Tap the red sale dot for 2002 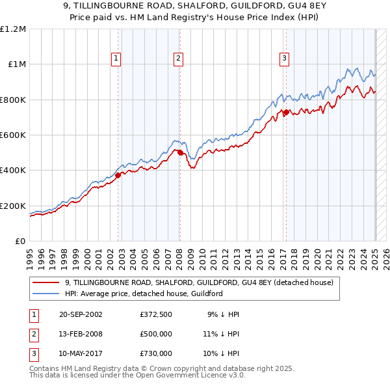tap(118, 175)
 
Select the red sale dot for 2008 tap(180, 153)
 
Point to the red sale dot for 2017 tap(286, 113)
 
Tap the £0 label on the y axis tap(19, 241)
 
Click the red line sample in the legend tap(46, 282)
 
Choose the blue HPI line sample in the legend tap(46, 294)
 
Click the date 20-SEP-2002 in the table tap(80, 314)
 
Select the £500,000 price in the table tap(156, 334)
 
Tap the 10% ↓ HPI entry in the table tap(223, 353)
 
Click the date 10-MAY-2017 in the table tap(80, 353)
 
